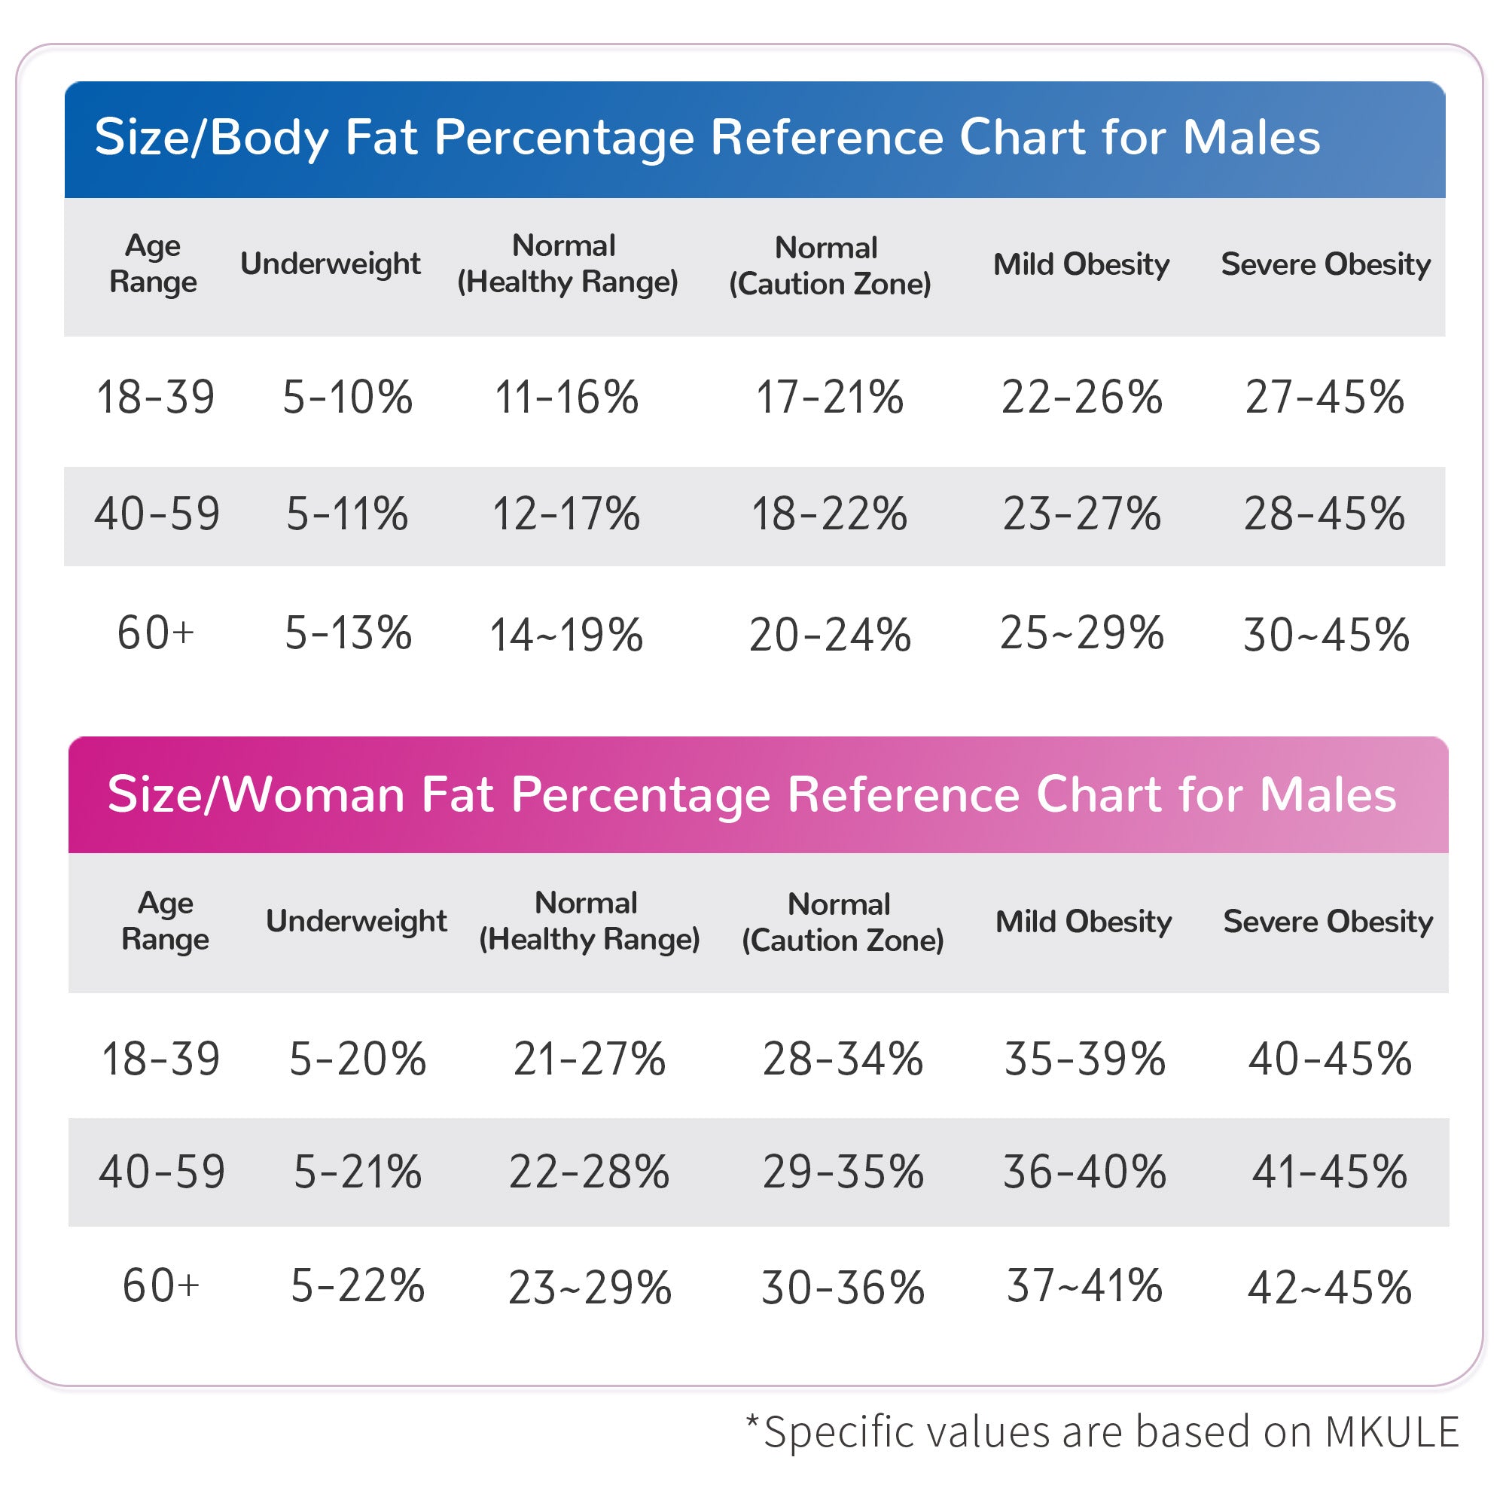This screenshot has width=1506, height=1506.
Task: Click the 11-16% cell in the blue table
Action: click(x=567, y=397)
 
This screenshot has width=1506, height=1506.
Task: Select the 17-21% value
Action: click(x=829, y=397)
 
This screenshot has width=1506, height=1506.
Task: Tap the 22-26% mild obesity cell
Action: click(x=1081, y=397)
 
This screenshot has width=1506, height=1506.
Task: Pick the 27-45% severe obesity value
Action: click(x=1325, y=397)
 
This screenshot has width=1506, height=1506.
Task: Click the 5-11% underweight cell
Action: click(x=347, y=514)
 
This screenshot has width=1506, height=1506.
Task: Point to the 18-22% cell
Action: click(x=829, y=514)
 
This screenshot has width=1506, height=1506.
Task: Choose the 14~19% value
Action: click(x=567, y=635)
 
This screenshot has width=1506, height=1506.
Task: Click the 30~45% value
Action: click(x=1326, y=635)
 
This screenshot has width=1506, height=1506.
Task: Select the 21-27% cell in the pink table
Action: click(x=590, y=1059)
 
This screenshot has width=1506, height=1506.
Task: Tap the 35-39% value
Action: click(x=1084, y=1059)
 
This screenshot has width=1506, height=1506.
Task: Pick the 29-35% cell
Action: click(x=843, y=1172)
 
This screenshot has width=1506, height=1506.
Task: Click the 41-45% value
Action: click(x=1330, y=1172)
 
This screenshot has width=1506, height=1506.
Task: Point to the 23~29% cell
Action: click(x=590, y=1287)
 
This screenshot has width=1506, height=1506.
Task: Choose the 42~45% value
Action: click(x=1330, y=1287)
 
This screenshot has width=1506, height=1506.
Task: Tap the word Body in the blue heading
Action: click(x=270, y=138)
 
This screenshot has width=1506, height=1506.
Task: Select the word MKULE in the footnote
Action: click(x=1392, y=1432)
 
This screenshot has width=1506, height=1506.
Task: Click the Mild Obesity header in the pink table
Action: click(x=1084, y=922)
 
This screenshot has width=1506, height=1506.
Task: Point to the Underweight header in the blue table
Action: click(x=331, y=264)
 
